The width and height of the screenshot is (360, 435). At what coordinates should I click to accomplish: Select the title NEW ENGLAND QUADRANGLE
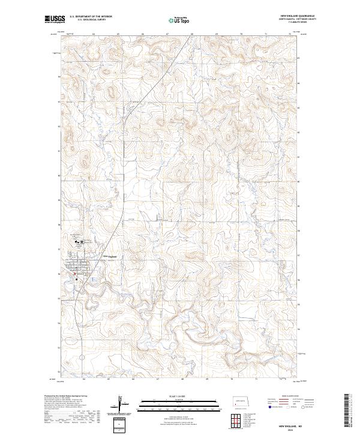point(296,16)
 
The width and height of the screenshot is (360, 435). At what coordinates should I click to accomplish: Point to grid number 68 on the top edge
point(191,34)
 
